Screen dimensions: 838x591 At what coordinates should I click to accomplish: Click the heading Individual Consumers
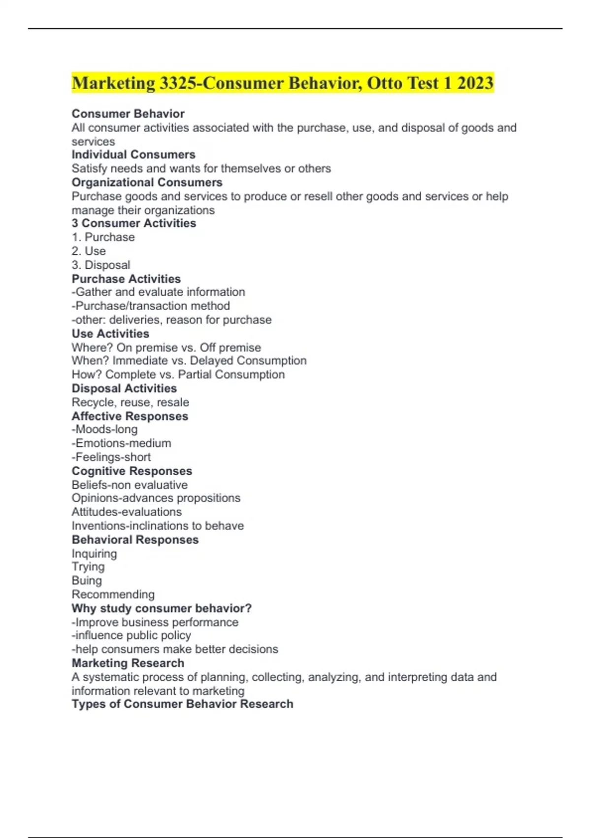click(x=133, y=155)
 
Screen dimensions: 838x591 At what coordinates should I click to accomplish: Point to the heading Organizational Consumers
click(x=147, y=182)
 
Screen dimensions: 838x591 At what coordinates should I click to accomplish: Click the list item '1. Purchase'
click(x=103, y=237)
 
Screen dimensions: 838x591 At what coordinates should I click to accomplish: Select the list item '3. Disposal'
click(x=101, y=265)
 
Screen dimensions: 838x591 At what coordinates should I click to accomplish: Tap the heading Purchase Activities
click(x=126, y=279)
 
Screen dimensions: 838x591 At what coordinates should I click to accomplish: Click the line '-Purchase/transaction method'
click(x=151, y=306)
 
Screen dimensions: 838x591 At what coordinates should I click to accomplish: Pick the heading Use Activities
click(x=110, y=334)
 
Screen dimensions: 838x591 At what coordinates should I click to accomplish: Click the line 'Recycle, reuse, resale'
click(x=130, y=402)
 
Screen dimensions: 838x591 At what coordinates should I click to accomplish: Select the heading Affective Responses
click(x=130, y=416)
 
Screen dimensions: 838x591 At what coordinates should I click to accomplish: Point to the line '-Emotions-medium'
click(x=121, y=443)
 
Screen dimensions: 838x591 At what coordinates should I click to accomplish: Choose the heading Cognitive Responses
click(x=131, y=471)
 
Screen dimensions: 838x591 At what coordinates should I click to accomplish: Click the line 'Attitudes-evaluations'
click(x=127, y=512)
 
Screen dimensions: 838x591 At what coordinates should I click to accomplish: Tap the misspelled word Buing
click(x=87, y=581)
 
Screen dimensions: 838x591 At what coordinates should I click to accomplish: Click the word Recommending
click(x=113, y=594)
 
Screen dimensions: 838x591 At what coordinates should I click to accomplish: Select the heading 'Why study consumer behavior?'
click(x=162, y=608)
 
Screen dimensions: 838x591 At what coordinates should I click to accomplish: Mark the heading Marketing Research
click(x=128, y=663)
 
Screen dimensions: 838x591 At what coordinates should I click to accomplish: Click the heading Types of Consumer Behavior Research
click(x=182, y=704)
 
